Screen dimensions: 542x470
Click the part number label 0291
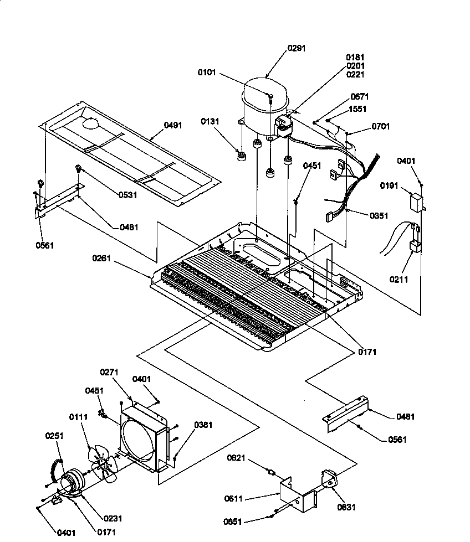(296, 49)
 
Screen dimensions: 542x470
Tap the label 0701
(380, 126)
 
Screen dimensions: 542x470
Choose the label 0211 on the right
(399, 280)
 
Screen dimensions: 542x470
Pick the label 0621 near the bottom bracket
(236, 458)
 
